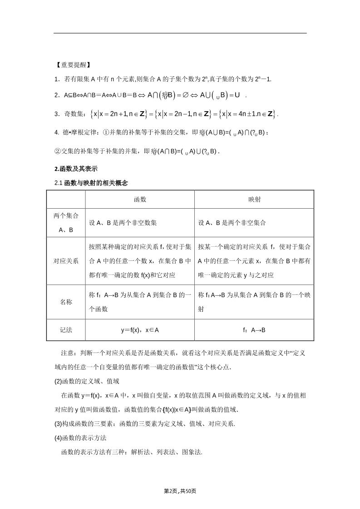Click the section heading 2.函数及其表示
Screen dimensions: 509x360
(75, 169)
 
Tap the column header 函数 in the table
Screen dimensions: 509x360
(140, 199)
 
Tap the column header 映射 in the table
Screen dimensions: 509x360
(254, 199)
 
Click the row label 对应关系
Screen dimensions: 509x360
(66, 261)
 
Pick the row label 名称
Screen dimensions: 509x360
(66, 302)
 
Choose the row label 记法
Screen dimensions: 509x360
(66, 330)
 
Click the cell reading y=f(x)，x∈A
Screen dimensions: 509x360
(140, 330)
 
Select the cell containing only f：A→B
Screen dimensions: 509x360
(254, 330)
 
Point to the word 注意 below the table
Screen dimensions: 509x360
(68, 352)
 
